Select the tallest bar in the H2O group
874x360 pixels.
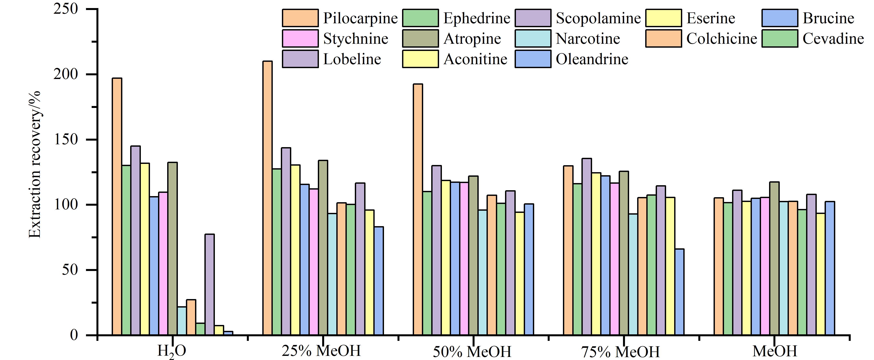tap(117, 207)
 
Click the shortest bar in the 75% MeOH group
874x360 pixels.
tap(679, 292)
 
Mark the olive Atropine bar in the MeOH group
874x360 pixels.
tap(774, 259)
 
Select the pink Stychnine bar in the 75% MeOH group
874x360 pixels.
tap(615, 259)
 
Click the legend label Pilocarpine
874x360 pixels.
tap(360, 18)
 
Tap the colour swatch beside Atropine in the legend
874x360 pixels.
tap(420, 38)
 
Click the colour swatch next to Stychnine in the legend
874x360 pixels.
tap(300, 38)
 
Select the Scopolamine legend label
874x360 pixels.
tap(598, 18)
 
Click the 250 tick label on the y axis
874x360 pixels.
tap(66, 9)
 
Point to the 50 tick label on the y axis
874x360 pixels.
tap(70, 270)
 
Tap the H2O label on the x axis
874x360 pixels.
tap(172, 351)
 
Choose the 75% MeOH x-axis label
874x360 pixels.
tap(621, 352)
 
